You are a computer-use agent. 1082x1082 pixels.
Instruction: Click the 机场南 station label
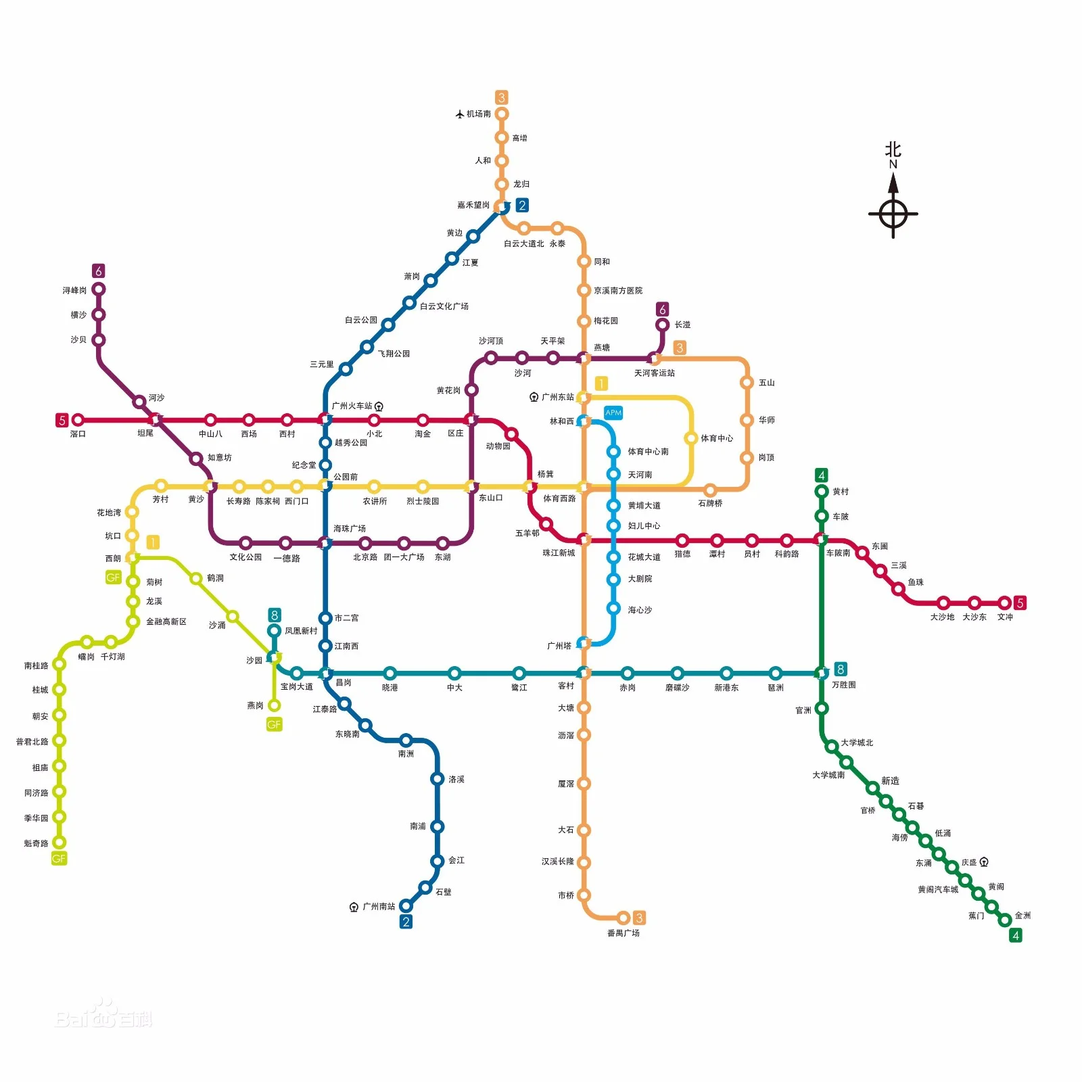click(479, 114)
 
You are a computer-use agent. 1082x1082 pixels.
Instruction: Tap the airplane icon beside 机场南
click(460, 114)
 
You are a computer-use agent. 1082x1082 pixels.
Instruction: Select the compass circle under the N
click(893, 214)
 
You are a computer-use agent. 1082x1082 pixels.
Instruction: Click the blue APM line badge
click(613, 413)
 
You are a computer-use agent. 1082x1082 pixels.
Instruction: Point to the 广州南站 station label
click(379, 906)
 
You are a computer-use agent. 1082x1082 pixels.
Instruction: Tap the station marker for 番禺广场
click(624, 918)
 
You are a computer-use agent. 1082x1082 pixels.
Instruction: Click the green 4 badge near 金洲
click(1015, 935)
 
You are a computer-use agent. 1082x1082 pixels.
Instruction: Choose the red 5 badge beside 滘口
click(62, 420)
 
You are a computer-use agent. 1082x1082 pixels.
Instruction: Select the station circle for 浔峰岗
click(99, 289)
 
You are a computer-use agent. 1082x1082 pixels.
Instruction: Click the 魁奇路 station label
click(37, 843)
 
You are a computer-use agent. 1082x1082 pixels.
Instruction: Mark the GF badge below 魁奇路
click(59, 859)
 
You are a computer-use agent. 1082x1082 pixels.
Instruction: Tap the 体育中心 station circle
click(690, 438)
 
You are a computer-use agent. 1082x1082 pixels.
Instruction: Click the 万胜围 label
click(843, 685)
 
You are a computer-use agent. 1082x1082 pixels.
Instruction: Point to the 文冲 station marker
click(1004, 603)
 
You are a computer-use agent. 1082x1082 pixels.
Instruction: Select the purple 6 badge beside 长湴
click(663, 309)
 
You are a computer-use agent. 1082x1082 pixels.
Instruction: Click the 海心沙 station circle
click(613, 608)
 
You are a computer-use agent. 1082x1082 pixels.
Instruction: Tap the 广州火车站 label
click(352, 406)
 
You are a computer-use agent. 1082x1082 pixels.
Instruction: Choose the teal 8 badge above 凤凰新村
click(274, 615)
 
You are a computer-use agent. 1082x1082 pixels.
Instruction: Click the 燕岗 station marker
click(274, 705)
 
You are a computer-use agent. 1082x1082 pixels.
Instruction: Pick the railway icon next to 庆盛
click(984, 862)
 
